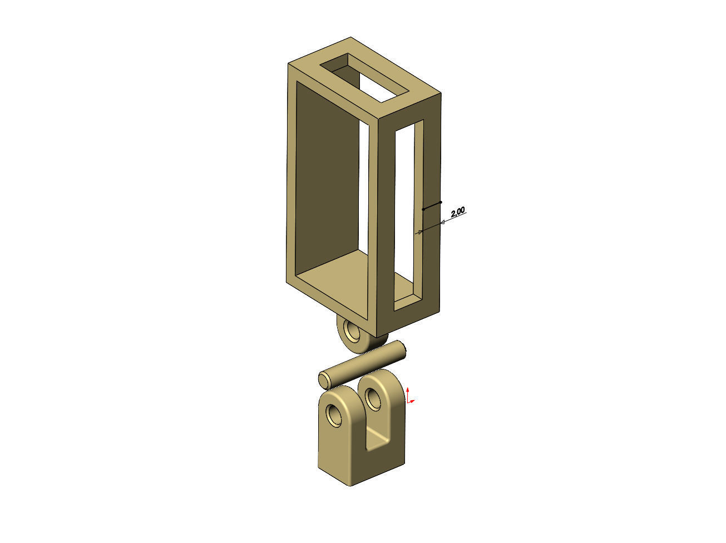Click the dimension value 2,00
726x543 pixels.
[457, 211]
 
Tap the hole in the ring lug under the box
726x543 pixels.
[352, 332]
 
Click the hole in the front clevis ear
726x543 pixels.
[335, 414]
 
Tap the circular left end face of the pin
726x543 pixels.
[324, 381]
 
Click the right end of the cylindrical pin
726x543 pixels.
[403, 350]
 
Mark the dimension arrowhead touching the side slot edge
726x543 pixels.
[419, 231]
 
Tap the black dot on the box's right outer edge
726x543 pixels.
[441, 202]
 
